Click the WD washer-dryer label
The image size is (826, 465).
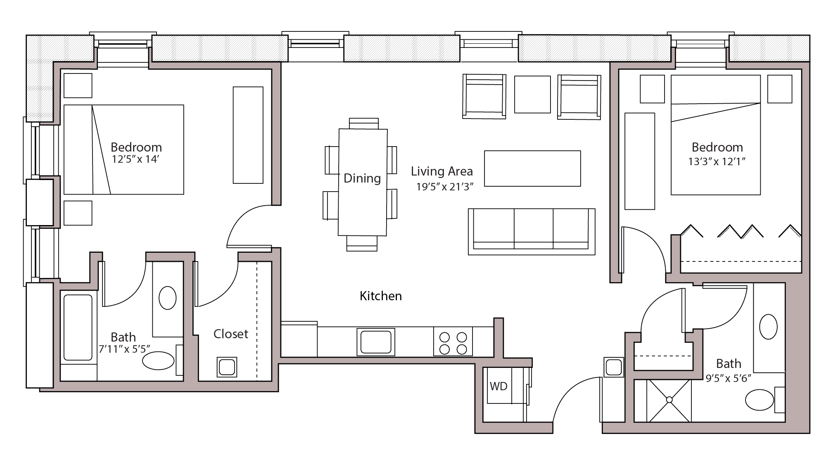498,386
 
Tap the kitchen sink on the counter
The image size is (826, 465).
375,342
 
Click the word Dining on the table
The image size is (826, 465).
362,178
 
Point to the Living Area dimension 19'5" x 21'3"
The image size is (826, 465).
444,187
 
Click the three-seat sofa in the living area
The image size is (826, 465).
531,231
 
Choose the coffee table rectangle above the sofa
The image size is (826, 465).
532,168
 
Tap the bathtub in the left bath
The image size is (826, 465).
78,327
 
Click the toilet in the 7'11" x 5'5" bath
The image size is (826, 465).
158,361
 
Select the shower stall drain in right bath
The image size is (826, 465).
669,400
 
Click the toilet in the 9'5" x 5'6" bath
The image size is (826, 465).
759,399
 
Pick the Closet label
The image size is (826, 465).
230,334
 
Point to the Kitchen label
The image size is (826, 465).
380,296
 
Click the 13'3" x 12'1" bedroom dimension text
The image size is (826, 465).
717,161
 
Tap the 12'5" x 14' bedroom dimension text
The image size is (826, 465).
135,159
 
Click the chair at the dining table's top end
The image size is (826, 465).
363,123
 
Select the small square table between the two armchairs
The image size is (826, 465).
532,94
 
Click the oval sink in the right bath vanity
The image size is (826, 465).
768,327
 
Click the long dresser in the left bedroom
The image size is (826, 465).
248,135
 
